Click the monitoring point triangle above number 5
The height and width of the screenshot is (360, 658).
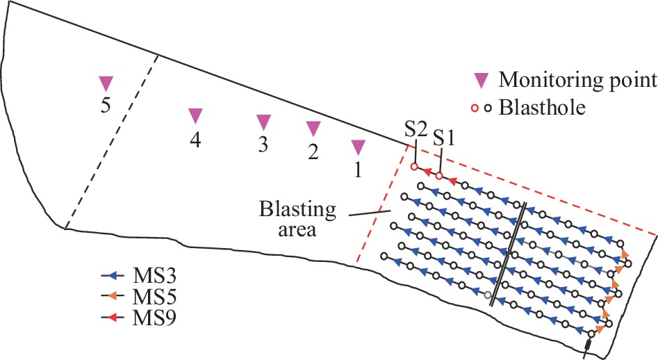[105, 83]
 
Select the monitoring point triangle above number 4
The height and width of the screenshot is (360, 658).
[196, 115]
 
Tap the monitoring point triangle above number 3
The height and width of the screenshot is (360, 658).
[263, 122]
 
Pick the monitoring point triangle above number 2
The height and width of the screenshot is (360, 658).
[313, 129]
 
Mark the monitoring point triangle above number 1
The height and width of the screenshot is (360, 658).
[359, 147]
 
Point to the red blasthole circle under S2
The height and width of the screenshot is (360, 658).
[414, 167]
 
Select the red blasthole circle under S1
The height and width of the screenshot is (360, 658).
[439, 175]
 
